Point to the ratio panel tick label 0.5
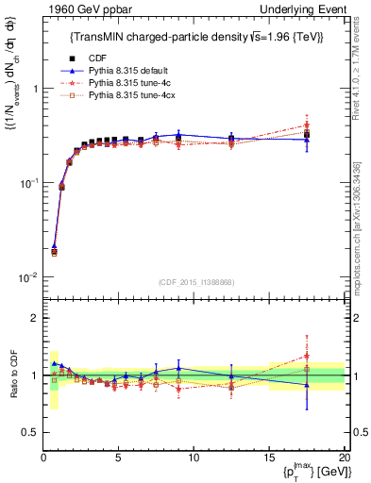click(x=28, y=432)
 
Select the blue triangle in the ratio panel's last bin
click(x=307, y=384)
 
